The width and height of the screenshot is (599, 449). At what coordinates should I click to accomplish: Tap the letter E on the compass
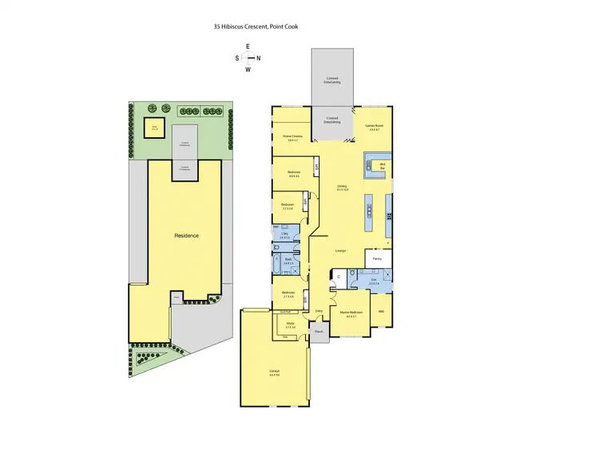point(248,46)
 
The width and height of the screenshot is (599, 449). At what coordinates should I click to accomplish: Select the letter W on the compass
point(248,69)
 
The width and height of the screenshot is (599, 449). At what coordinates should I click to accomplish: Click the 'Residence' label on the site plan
point(186,235)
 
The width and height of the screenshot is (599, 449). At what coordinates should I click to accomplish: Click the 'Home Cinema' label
point(292,138)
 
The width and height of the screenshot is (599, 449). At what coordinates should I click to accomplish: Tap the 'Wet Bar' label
point(382,168)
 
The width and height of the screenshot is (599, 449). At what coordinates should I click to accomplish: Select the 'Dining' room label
point(342,188)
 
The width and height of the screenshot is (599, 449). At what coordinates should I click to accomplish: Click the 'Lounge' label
point(340,250)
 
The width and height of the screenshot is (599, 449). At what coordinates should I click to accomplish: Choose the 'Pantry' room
point(378,259)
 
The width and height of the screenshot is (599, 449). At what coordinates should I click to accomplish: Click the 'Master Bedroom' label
point(352,312)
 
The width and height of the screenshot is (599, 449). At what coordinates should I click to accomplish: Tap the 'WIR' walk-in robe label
point(382,311)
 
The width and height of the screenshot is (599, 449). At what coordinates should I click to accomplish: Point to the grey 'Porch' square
point(319,331)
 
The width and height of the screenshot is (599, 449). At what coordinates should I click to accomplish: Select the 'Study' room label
point(290,325)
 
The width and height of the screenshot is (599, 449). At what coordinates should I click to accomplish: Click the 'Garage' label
point(274,372)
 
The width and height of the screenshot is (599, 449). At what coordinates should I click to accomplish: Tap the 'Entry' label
point(319,311)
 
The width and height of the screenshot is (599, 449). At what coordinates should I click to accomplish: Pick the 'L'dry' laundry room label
point(284,234)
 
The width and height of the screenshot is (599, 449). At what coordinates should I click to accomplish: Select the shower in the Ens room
point(387,276)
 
